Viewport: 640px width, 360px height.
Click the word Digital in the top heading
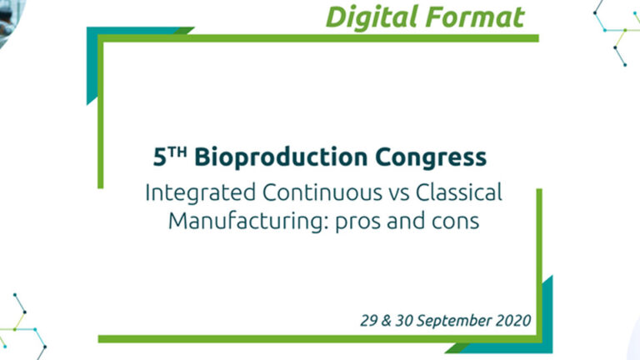click(372, 18)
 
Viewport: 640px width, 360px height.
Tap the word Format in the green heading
click(475, 17)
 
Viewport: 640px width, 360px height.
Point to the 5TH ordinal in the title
click(170, 157)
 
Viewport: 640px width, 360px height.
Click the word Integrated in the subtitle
click(200, 193)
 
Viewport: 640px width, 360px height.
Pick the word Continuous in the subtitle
click(322, 192)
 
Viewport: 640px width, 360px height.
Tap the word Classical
click(459, 192)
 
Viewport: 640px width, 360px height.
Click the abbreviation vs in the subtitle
click(399, 194)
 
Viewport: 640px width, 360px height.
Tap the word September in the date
click(454, 321)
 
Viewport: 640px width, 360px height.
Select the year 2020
click(513, 321)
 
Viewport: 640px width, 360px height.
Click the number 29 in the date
click(369, 321)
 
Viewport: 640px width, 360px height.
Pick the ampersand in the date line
click(386, 321)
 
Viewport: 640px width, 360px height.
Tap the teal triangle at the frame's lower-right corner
click(546, 327)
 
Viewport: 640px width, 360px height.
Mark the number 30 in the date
click(404, 321)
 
